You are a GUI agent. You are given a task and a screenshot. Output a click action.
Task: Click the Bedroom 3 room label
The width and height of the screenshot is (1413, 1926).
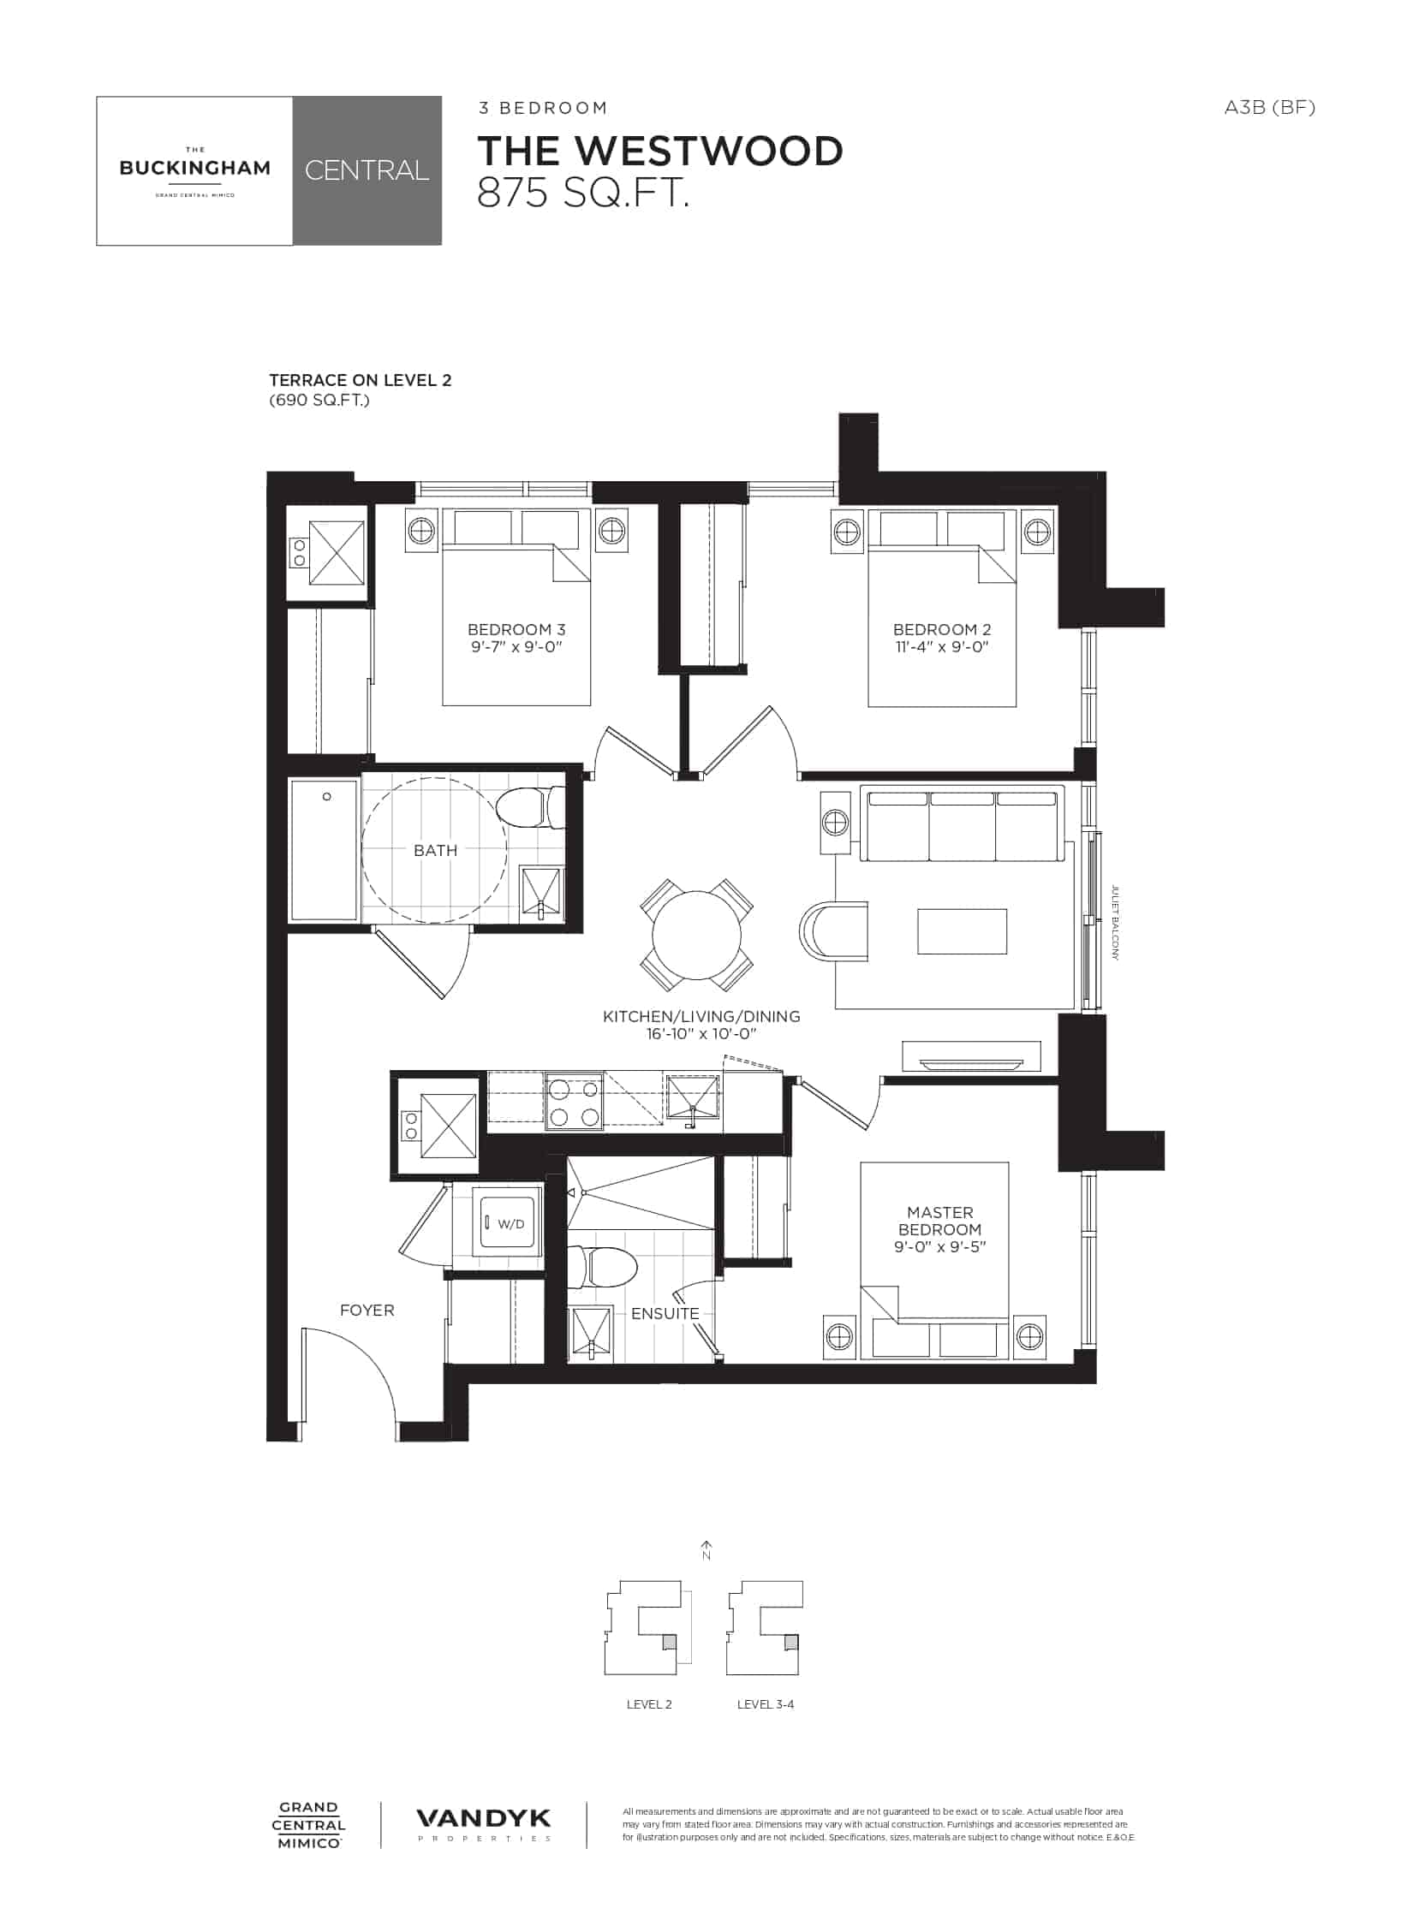click(x=516, y=629)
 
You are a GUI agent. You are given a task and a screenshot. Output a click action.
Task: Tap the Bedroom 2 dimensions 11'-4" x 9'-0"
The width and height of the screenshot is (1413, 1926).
click(x=941, y=646)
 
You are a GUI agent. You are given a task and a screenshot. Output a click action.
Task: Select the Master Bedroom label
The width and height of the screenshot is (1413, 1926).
click(x=940, y=1221)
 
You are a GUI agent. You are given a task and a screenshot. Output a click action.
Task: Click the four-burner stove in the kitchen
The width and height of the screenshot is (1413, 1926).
click(x=574, y=1101)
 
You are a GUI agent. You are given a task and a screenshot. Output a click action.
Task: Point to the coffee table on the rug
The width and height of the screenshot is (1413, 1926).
click(x=962, y=930)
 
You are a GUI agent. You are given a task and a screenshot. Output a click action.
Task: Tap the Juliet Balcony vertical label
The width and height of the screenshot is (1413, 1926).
click(x=1115, y=922)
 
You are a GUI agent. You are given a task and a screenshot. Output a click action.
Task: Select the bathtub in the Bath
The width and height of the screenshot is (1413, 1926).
click(x=324, y=849)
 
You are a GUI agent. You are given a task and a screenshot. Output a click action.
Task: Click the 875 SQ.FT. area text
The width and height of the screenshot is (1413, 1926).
click(x=583, y=194)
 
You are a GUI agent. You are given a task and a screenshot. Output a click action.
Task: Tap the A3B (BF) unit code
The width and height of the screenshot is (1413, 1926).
click(x=1269, y=107)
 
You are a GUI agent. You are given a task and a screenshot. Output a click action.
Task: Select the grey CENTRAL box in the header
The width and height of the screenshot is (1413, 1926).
click(x=367, y=171)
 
